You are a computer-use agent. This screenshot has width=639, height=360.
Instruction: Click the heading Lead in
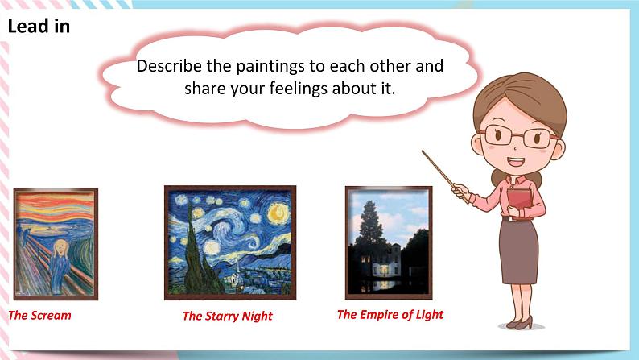[39, 26]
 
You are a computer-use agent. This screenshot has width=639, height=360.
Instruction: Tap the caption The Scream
[39, 315]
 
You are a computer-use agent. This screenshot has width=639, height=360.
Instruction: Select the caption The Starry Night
[228, 316]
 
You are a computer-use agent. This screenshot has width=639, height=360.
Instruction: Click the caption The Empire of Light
[390, 314]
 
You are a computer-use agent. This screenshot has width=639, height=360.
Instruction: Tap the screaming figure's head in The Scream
[61, 247]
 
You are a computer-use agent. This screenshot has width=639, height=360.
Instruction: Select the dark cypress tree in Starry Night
[197, 257]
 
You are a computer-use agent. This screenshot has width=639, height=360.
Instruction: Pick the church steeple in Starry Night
[237, 270]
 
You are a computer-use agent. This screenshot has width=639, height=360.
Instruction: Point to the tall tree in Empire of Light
[369, 223]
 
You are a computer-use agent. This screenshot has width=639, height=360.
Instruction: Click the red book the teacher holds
[521, 203]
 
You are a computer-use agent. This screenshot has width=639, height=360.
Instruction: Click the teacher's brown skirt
[519, 251]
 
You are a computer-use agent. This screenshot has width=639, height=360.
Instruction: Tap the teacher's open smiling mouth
[515, 162]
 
